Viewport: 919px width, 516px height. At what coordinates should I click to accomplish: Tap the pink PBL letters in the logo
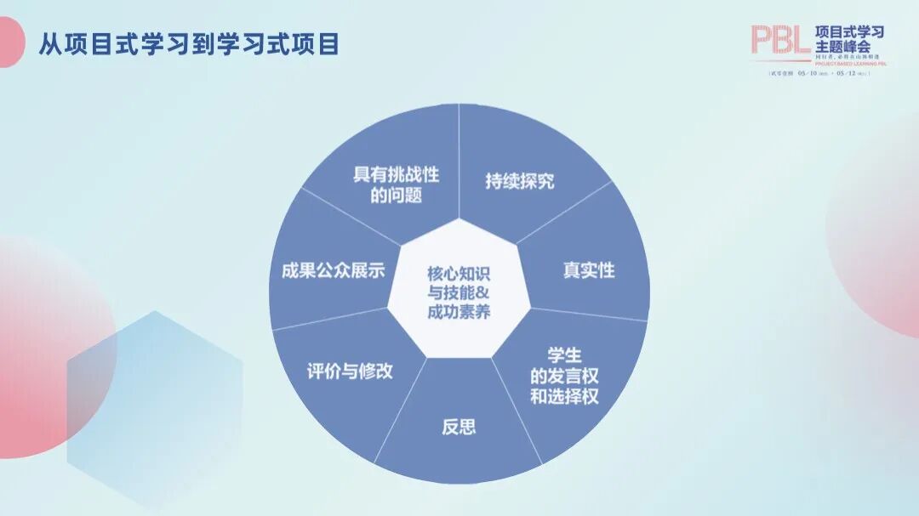(779, 39)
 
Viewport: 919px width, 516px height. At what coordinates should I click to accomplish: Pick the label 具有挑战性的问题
(396, 184)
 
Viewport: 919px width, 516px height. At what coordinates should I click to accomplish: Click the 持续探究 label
(519, 181)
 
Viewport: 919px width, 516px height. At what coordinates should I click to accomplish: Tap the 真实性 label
(588, 270)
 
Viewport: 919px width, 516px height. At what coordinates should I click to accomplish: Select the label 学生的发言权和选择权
(564, 376)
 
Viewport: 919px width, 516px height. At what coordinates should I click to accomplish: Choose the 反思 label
(459, 427)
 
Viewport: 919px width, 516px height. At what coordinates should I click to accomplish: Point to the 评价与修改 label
(350, 371)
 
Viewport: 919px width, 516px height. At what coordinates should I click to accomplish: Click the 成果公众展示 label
(333, 271)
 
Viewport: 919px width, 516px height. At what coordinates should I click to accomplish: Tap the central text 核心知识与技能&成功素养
(459, 292)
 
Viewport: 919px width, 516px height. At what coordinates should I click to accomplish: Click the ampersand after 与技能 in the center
(483, 292)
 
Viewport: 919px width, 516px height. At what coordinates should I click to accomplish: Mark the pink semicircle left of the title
(10, 43)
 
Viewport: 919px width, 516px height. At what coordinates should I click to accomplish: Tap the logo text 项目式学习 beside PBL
(849, 32)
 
